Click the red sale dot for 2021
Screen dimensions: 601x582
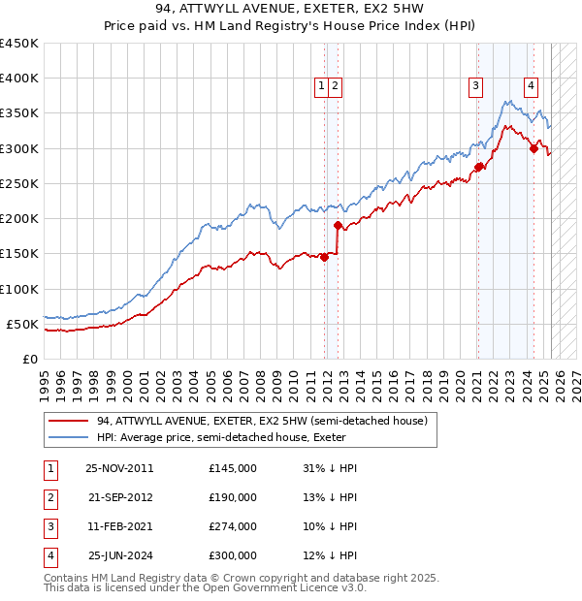(479, 167)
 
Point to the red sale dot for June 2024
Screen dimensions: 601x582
(533, 148)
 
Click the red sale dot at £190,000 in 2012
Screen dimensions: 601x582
(338, 226)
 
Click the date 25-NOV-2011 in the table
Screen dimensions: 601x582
(120, 468)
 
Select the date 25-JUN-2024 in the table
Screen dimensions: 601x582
(120, 555)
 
